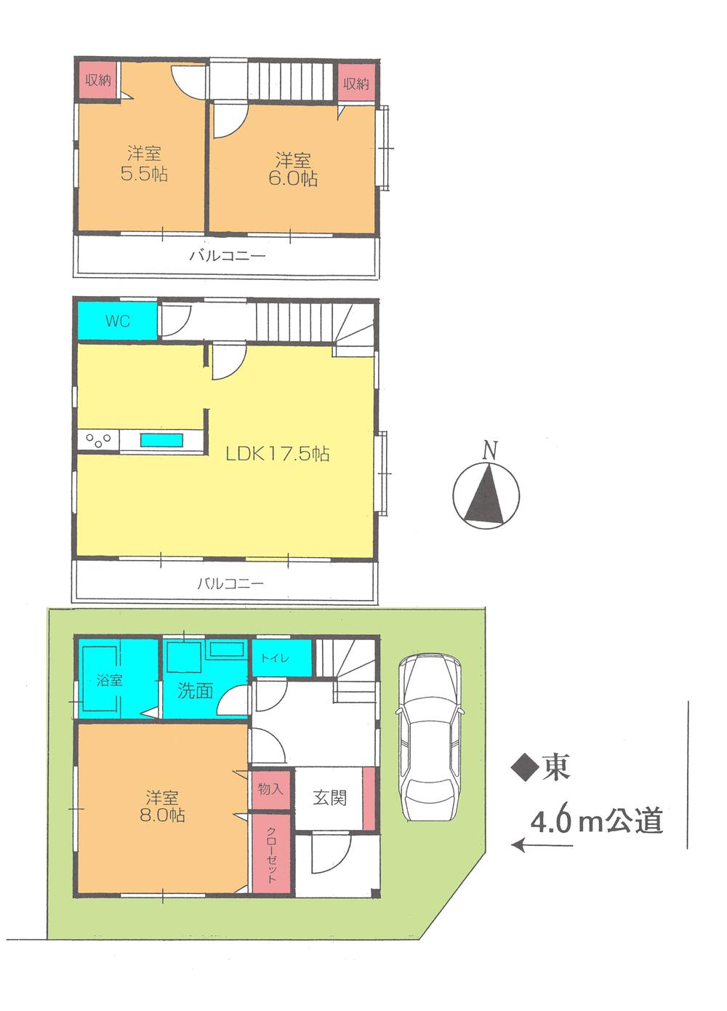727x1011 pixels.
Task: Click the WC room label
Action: [x=117, y=320]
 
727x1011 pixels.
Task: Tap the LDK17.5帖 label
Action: [x=277, y=454]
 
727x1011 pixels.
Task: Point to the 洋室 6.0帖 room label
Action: [x=293, y=169]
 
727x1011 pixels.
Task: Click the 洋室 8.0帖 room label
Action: [x=162, y=806]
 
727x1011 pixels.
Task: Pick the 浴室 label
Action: [x=110, y=681]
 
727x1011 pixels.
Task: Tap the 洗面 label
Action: [x=195, y=690]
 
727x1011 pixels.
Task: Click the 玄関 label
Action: [x=329, y=797]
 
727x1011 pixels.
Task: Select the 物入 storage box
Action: [x=270, y=788]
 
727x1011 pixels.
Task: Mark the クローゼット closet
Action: [x=271, y=855]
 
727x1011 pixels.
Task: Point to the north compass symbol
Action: [x=486, y=489]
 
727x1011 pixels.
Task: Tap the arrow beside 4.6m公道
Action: [x=542, y=844]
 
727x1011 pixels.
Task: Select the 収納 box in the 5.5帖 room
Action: [x=98, y=81]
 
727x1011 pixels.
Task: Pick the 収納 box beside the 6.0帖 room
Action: [x=356, y=84]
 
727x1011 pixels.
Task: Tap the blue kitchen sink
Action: [x=162, y=440]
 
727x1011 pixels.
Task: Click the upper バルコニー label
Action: [x=228, y=255]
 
